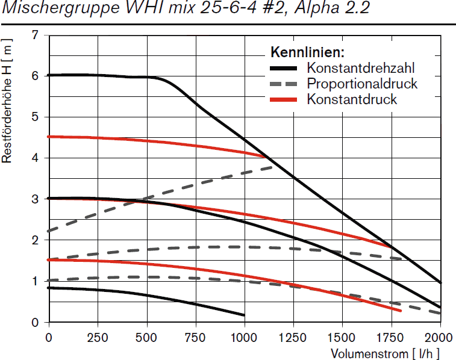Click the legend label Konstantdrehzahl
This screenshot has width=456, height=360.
pyautogui.click(x=360, y=67)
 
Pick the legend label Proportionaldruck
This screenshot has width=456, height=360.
pyautogui.click(x=361, y=83)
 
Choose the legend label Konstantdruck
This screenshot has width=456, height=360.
pyautogui.click(x=352, y=99)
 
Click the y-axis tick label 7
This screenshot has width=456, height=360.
pyautogui.click(x=36, y=35)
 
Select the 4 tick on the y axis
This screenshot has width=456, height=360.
pyautogui.click(x=36, y=158)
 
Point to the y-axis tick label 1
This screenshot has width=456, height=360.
pyautogui.click(x=36, y=281)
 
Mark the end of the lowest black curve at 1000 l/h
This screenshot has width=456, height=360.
pyautogui.click(x=244, y=315)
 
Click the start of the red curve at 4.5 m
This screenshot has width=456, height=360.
pyautogui.click(x=49, y=137)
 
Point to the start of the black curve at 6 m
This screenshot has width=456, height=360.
pyautogui.click(x=49, y=75)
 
